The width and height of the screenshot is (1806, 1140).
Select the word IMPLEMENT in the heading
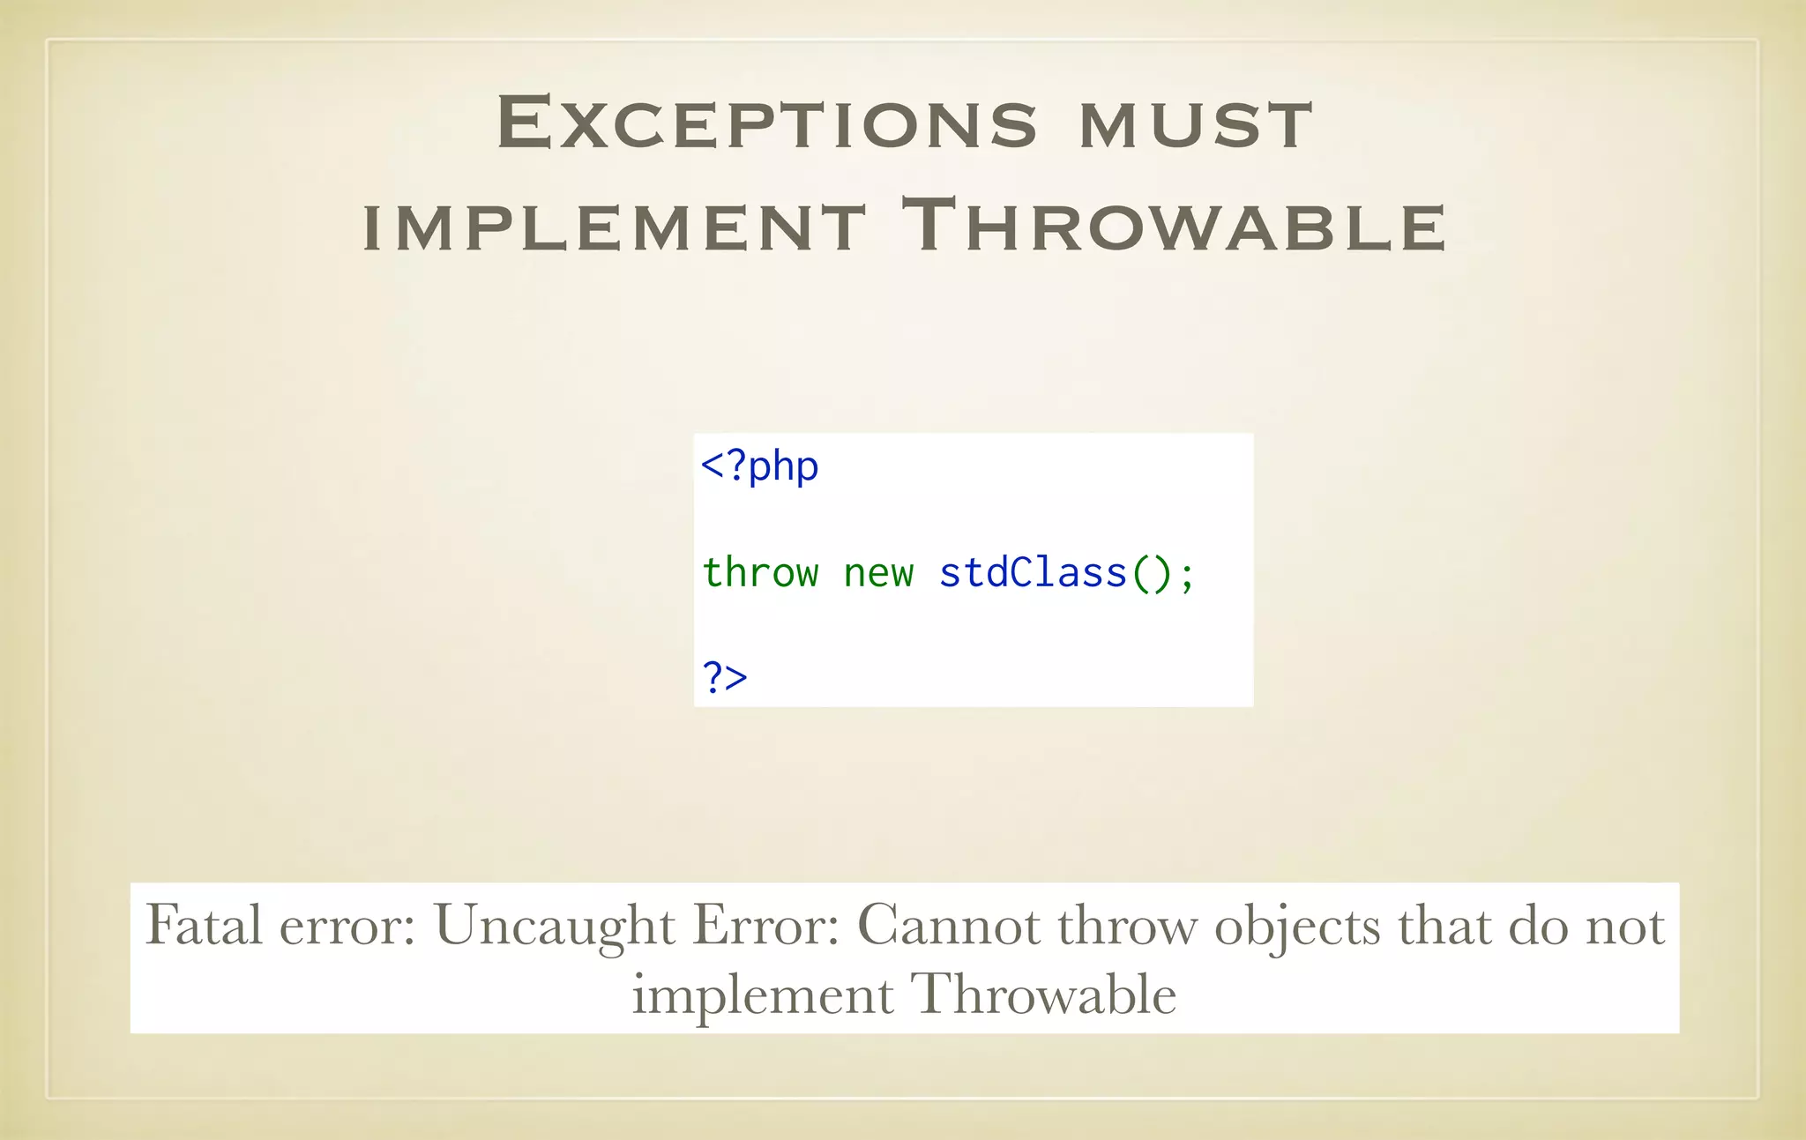[x=615, y=227]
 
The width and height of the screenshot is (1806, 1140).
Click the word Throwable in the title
[x=1173, y=226]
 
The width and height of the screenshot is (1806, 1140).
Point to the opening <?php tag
[x=759, y=466]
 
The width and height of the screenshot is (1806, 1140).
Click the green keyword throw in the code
[x=760, y=573]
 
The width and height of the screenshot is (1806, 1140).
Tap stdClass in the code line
[x=1033, y=573]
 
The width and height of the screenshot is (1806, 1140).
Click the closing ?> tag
[x=724, y=677]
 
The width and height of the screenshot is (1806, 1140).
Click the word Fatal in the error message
[x=204, y=925]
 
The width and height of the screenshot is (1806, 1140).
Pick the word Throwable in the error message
[x=1043, y=995]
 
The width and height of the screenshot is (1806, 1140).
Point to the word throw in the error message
[x=1127, y=925]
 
